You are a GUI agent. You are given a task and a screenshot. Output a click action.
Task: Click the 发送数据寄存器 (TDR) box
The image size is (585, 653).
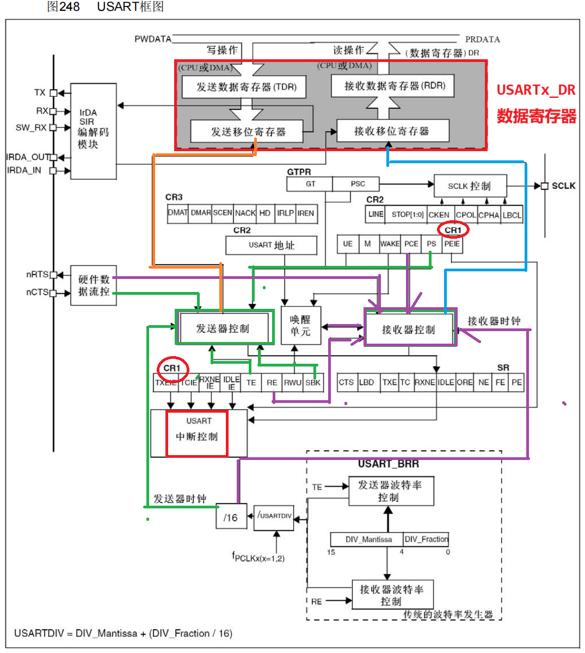pyautogui.click(x=243, y=87)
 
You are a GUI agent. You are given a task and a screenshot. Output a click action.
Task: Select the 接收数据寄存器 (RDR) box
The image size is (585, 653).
pyautogui.click(x=392, y=86)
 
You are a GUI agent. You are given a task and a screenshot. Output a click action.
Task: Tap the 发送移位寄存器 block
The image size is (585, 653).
pyautogui.click(x=247, y=132)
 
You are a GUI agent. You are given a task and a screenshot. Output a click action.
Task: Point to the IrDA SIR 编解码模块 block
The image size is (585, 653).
pyautogui.click(x=93, y=131)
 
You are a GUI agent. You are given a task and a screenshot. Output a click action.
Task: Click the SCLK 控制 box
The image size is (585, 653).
pyautogui.click(x=470, y=186)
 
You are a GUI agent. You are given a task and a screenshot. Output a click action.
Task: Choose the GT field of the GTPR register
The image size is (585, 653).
pyautogui.click(x=310, y=184)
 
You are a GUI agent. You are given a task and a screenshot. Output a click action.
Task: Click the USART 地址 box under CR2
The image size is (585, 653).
pyautogui.click(x=271, y=245)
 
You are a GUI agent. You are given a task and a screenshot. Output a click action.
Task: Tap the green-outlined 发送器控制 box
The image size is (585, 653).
pyautogui.click(x=224, y=328)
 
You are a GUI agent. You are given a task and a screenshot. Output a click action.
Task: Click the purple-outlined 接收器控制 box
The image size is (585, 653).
pyautogui.click(x=409, y=329)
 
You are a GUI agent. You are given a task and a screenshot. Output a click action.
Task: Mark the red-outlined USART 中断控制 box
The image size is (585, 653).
pyautogui.click(x=196, y=433)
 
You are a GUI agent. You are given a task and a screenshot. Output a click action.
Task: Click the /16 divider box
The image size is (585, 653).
pyautogui.click(x=231, y=517)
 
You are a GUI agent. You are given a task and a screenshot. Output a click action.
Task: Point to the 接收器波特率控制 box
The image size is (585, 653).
pyautogui.click(x=392, y=595)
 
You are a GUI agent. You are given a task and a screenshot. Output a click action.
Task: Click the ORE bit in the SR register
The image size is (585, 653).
pyautogui.click(x=464, y=382)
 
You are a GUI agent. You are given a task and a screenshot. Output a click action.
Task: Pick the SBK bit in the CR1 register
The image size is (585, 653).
pyautogui.click(x=313, y=382)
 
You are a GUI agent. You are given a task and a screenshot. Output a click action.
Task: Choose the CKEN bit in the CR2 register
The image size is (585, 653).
pyautogui.click(x=439, y=215)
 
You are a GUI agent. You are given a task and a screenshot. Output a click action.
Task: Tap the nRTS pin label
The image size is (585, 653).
pyautogui.click(x=38, y=275)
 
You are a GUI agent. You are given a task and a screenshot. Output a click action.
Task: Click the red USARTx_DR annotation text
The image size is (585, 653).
pyautogui.click(x=535, y=90)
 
